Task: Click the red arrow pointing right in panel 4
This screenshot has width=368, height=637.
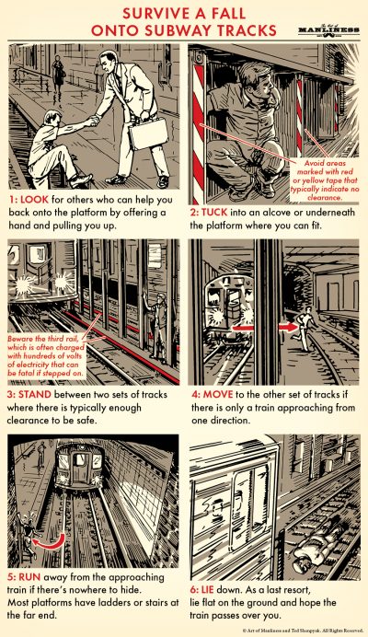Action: tap(283, 323)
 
